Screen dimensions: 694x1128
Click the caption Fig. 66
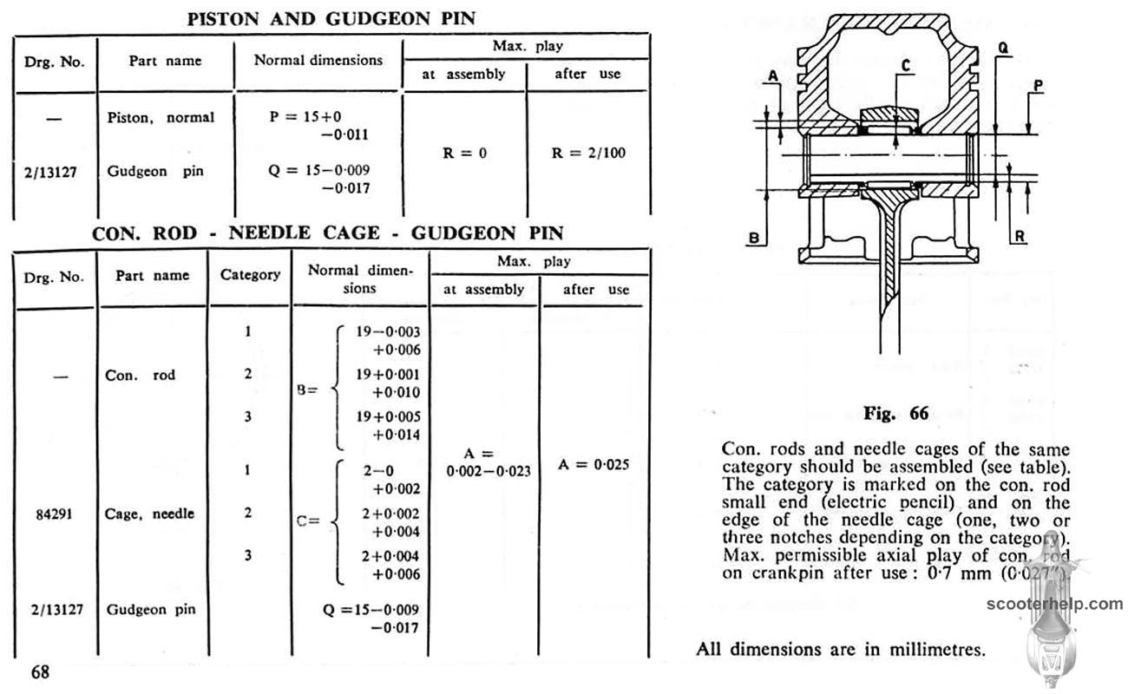895,414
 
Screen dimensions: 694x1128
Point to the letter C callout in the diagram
905,64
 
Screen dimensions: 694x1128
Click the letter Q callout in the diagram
1002,50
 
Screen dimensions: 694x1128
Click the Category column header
250,275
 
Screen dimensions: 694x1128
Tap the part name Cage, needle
150,514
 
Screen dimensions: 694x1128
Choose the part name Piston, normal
160,117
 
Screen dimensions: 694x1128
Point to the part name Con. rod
140,376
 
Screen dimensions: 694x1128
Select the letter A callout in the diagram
771,76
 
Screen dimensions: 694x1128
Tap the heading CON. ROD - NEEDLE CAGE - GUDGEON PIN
328,232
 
